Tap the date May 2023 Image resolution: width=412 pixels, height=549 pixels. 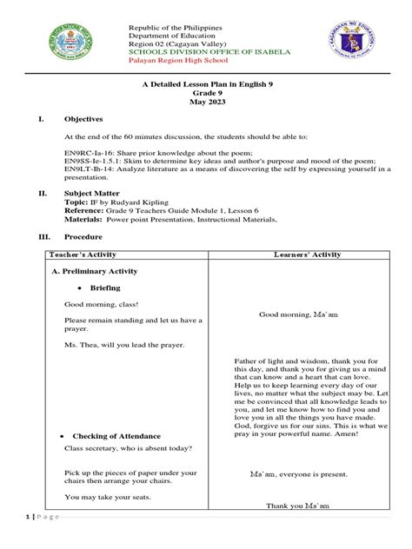click(206, 101)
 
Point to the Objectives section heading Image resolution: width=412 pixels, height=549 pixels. click(83, 118)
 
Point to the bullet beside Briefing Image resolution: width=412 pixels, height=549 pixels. click(79, 288)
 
